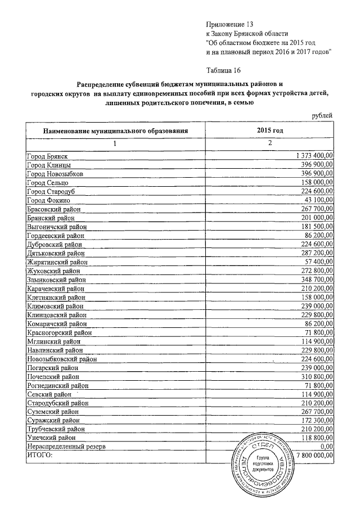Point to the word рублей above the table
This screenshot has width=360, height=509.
pyautogui.click(x=322, y=115)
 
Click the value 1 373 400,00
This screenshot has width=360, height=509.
pyautogui.click(x=314, y=155)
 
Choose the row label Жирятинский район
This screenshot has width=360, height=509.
pyautogui.click(x=57, y=262)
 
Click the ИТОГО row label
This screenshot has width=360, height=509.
pyautogui.click(x=39, y=454)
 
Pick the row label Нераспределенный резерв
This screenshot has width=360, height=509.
pyautogui.click(x=66, y=446)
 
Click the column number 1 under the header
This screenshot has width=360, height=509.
pyautogui.click(x=114, y=143)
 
